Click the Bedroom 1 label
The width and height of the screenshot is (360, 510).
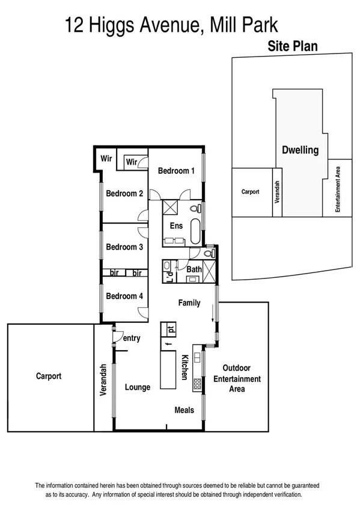(x=176, y=171)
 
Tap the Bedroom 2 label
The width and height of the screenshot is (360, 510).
(x=124, y=194)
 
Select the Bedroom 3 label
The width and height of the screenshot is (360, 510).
(x=124, y=247)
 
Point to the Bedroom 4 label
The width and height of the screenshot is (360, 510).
(x=124, y=296)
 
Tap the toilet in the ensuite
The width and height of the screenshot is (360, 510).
(x=194, y=209)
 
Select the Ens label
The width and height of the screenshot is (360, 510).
(x=176, y=226)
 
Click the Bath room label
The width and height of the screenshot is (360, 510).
(x=194, y=269)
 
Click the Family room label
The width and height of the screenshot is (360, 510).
(x=189, y=303)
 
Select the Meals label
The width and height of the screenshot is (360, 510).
(x=184, y=410)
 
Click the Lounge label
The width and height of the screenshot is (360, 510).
(x=138, y=387)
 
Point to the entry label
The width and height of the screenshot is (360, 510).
(x=132, y=339)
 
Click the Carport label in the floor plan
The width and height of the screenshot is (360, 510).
(x=49, y=376)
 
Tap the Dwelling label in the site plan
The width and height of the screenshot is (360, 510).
(x=300, y=150)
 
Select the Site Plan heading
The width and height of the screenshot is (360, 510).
(x=293, y=46)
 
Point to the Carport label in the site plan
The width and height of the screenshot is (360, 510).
(x=250, y=192)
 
